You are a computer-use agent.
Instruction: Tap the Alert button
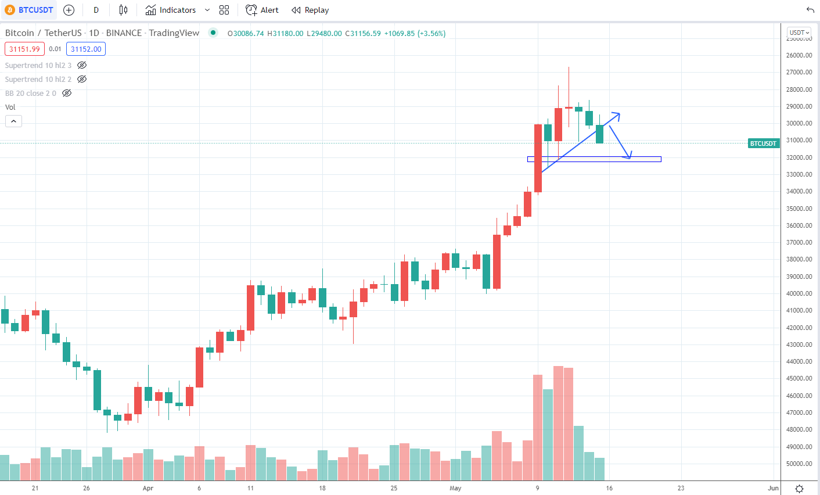[262, 10]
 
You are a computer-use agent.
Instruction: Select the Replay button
[310, 10]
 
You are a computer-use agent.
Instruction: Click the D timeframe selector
[96, 10]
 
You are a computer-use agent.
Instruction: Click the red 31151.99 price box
[24, 49]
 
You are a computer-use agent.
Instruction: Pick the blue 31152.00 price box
[86, 49]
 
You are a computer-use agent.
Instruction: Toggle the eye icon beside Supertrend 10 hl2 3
[82, 65]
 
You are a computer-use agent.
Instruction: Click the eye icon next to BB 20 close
[67, 93]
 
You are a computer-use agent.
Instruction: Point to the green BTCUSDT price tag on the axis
[763, 144]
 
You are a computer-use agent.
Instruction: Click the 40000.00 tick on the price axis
[799, 293]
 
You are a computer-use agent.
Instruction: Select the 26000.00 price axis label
[799, 55]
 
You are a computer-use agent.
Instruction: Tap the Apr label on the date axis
[148, 488]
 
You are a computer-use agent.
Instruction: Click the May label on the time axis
[455, 488]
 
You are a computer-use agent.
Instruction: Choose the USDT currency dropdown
[799, 33]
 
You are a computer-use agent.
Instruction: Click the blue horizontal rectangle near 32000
[594, 159]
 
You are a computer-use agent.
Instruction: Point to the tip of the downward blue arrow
[630, 158]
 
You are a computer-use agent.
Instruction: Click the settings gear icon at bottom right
[799, 489]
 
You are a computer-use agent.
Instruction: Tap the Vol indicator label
[10, 107]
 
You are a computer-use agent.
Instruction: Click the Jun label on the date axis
[773, 488]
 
